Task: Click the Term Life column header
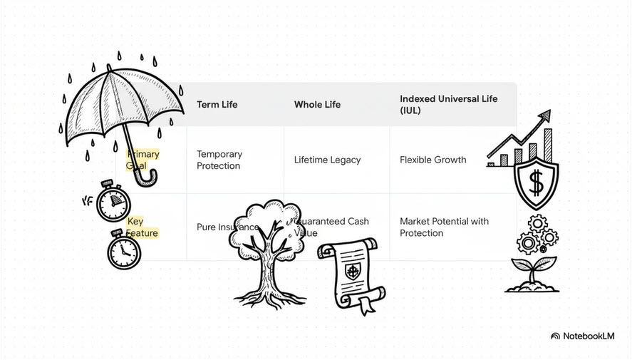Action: click(217, 105)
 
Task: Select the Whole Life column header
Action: click(317, 105)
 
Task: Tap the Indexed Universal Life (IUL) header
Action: click(448, 105)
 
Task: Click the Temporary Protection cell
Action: click(219, 160)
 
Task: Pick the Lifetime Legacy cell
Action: click(327, 160)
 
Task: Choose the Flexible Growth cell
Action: click(432, 160)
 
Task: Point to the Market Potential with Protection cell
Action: click(444, 227)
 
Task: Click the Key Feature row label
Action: click(143, 227)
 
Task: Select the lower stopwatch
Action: click(124, 251)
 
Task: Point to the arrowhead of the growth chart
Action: click(545, 115)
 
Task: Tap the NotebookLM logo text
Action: click(589, 336)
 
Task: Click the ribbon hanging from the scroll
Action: click(366, 306)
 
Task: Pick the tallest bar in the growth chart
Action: click(548, 145)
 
